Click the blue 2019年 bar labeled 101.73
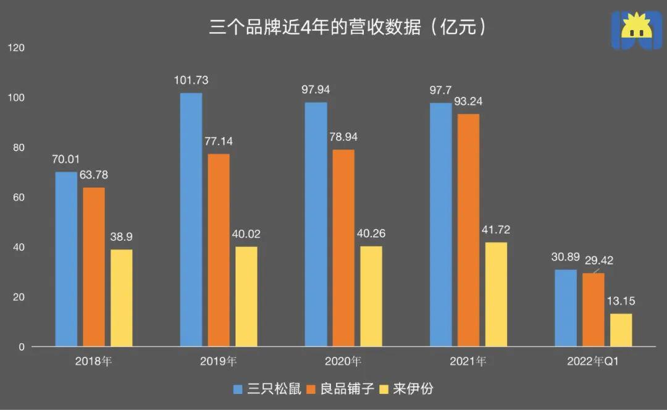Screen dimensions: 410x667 191,219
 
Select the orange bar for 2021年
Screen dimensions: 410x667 468,230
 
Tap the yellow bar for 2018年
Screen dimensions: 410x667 122,298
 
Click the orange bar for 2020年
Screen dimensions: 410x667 343,248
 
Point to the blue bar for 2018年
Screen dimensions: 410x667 66,259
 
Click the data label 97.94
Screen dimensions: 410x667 316,90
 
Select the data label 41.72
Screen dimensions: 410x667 495,230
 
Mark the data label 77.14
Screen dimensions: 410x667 219,141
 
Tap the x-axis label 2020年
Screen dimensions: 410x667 343,362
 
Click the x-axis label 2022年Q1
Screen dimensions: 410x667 593,362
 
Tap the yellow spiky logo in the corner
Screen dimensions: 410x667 636,29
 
